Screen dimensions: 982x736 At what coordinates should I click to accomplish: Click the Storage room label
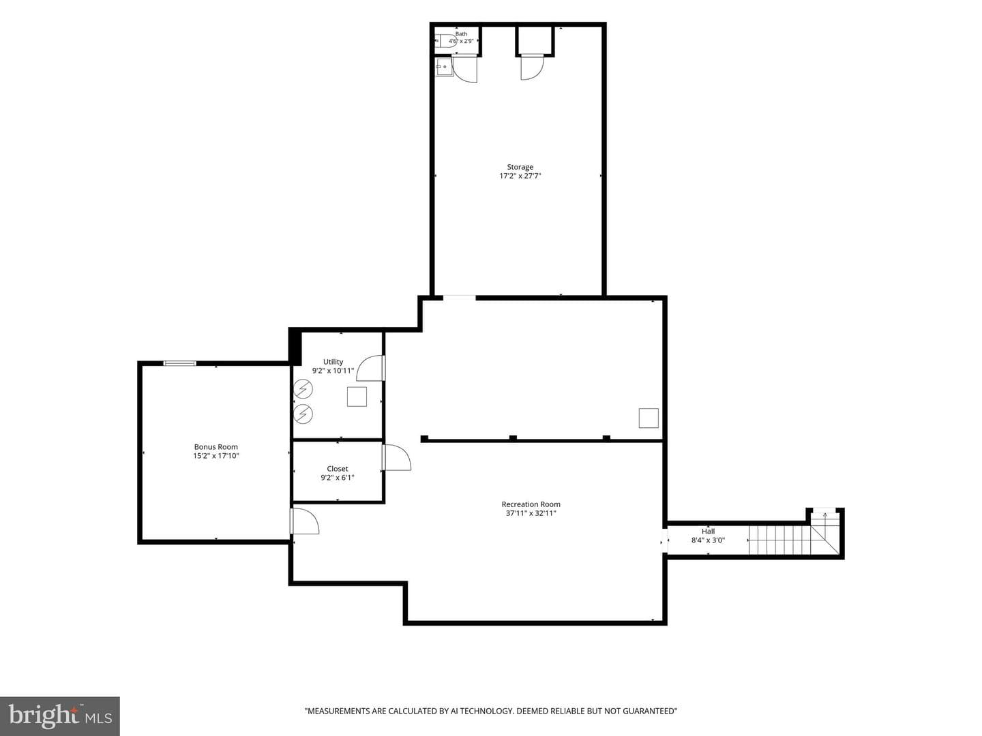tap(520, 167)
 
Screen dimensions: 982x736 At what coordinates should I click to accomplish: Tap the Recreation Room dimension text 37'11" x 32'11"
tap(531, 513)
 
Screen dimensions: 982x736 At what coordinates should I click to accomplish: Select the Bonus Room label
tap(215, 447)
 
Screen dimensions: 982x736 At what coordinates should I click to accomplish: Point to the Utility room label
tap(333, 362)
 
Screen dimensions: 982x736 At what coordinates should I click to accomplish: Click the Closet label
tap(338, 469)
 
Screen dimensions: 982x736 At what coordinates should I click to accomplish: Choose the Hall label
tap(709, 532)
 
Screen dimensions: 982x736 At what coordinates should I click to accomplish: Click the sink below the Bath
tap(444, 67)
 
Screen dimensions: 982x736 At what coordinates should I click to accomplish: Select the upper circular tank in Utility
tap(303, 389)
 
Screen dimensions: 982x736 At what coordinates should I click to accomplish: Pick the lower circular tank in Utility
tap(303, 414)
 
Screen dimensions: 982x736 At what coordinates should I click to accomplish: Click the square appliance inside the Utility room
tap(357, 397)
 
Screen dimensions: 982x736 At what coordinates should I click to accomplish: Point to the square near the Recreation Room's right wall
tap(649, 418)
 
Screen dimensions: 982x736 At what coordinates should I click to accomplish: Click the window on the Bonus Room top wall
tap(179, 363)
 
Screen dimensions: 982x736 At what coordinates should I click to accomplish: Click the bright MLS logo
tap(60, 716)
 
